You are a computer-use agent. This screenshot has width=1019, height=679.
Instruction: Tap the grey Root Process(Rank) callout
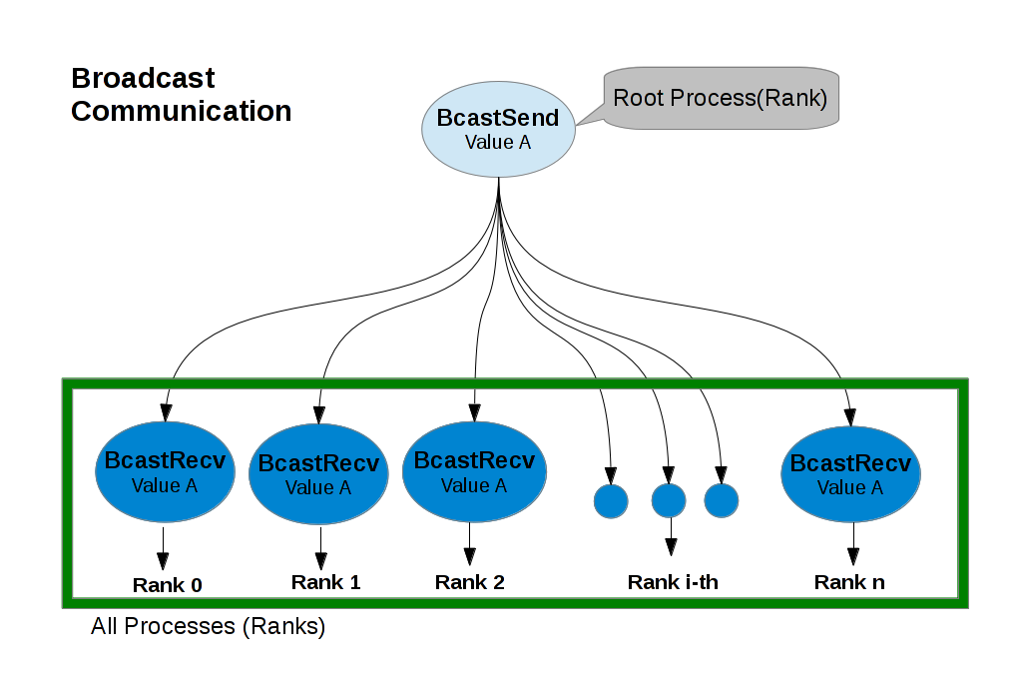(721, 99)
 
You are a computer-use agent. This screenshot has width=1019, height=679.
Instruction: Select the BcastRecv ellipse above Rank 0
(165, 474)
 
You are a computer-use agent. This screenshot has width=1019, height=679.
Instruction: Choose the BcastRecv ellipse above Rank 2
(473, 472)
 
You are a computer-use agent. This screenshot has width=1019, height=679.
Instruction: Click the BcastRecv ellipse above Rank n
(850, 475)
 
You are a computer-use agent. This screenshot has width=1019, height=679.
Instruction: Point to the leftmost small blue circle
(611, 501)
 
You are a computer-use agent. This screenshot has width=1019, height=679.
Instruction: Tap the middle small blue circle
(669, 500)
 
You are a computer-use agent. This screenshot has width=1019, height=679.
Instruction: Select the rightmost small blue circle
(721, 500)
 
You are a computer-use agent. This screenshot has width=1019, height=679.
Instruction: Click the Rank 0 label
(168, 585)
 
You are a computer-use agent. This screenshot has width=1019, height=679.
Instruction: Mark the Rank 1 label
(325, 582)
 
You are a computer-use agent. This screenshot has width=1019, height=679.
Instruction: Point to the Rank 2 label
(470, 582)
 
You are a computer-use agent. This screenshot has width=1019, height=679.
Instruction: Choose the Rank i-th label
(672, 582)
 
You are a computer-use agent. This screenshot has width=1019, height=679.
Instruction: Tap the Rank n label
(849, 582)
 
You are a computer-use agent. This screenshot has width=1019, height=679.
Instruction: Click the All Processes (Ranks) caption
(208, 628)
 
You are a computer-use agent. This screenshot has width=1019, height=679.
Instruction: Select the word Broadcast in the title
(143, 78)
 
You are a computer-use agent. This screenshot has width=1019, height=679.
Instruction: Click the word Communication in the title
(181, 111)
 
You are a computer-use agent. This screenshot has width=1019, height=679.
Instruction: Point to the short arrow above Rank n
(853, 547)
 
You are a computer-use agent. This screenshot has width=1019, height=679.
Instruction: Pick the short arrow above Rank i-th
(671, 536)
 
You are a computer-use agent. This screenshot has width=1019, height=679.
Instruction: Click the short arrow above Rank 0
(164, 548)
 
